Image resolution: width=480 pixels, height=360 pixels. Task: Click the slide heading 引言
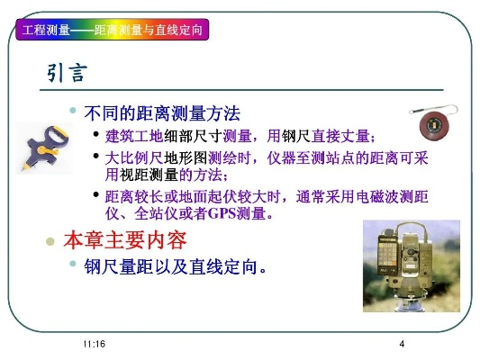tap(68, 74)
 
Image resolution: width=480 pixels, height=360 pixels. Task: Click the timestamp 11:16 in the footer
tap(92, 345)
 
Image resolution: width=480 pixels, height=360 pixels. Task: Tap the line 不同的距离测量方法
tap(162, 114)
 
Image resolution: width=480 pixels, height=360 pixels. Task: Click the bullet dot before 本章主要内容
tap(51, 242)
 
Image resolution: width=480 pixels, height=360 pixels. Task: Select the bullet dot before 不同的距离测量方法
tap(74, 111)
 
